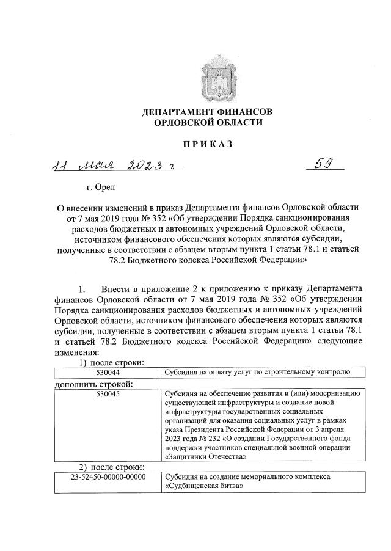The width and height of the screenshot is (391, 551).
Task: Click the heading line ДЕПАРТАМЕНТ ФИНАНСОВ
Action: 207,112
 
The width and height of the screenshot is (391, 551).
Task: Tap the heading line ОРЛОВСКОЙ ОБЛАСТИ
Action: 207,123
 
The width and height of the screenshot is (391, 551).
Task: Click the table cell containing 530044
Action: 108,371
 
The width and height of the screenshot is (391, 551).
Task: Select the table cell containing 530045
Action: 108,394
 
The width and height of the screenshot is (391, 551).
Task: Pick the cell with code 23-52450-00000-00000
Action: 108,476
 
